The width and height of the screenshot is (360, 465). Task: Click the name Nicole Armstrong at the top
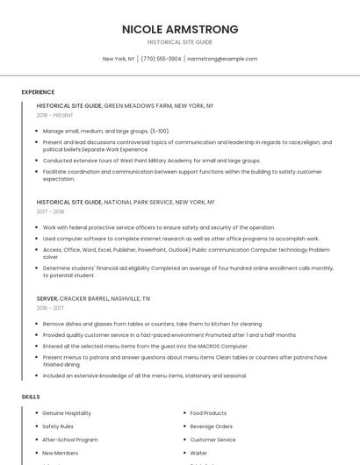pyautogui.click(x=180, y=29)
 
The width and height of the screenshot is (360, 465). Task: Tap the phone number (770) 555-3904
pyautogui.click(x=161, y=59)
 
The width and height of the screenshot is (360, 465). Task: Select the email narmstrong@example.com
pyautogui.click(x=222, y=59)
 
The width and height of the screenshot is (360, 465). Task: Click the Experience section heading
pyautogui.click(x=38, y=92)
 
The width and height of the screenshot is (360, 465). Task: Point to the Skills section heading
pyautogui.click(x=31, y=397)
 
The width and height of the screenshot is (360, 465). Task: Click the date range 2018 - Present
pyautogui.click(x=55, y=115)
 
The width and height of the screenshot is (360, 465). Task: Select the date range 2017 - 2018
pyautogui.click(x=50, y=211)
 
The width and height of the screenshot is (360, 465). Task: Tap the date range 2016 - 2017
pyautogui.click(x=50, y=308)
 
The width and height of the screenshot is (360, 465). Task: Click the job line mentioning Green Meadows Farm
pyautogui.click(x=125, y=105)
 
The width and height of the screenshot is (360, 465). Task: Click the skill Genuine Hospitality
pyautogui.click(x=67, y=413)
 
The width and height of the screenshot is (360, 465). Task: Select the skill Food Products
pyautogui.click(x=208, y=413)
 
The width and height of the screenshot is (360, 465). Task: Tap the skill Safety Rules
pyautogui.click(x=58, y=426)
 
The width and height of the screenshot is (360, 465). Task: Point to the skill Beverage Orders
pyautogui.click(x=212, y=426)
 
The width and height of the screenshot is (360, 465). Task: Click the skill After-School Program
pyautogui.click(x=70, y=440)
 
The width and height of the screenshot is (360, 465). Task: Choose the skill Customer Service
pyautogui.click(x=213, y=440)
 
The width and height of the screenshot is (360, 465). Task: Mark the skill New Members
pyautogui.click(x=61, y=453)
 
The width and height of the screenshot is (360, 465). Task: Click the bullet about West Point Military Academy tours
pyautogui.click(x=152, y=161)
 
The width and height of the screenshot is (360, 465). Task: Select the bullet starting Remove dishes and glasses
pyautogui.click(x=152, y=324)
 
